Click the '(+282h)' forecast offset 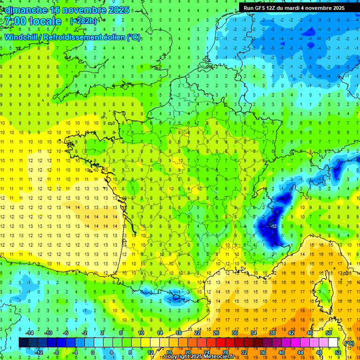83,21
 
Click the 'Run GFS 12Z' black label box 293,8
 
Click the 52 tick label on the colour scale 337,352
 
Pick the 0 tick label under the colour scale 93,352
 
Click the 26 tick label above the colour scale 216,333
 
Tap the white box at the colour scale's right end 333,343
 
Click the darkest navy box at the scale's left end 23,343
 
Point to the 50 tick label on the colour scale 329,333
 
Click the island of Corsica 323,291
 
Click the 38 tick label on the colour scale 272,333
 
